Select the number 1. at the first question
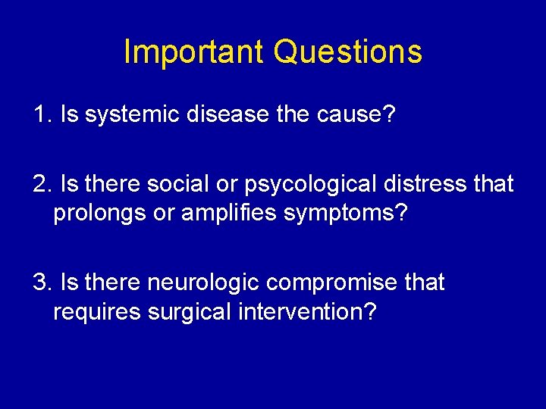tap(42, 115)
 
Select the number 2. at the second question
tap(42, 183)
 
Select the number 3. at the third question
tap(42, 283)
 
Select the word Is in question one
tap(67, 115)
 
